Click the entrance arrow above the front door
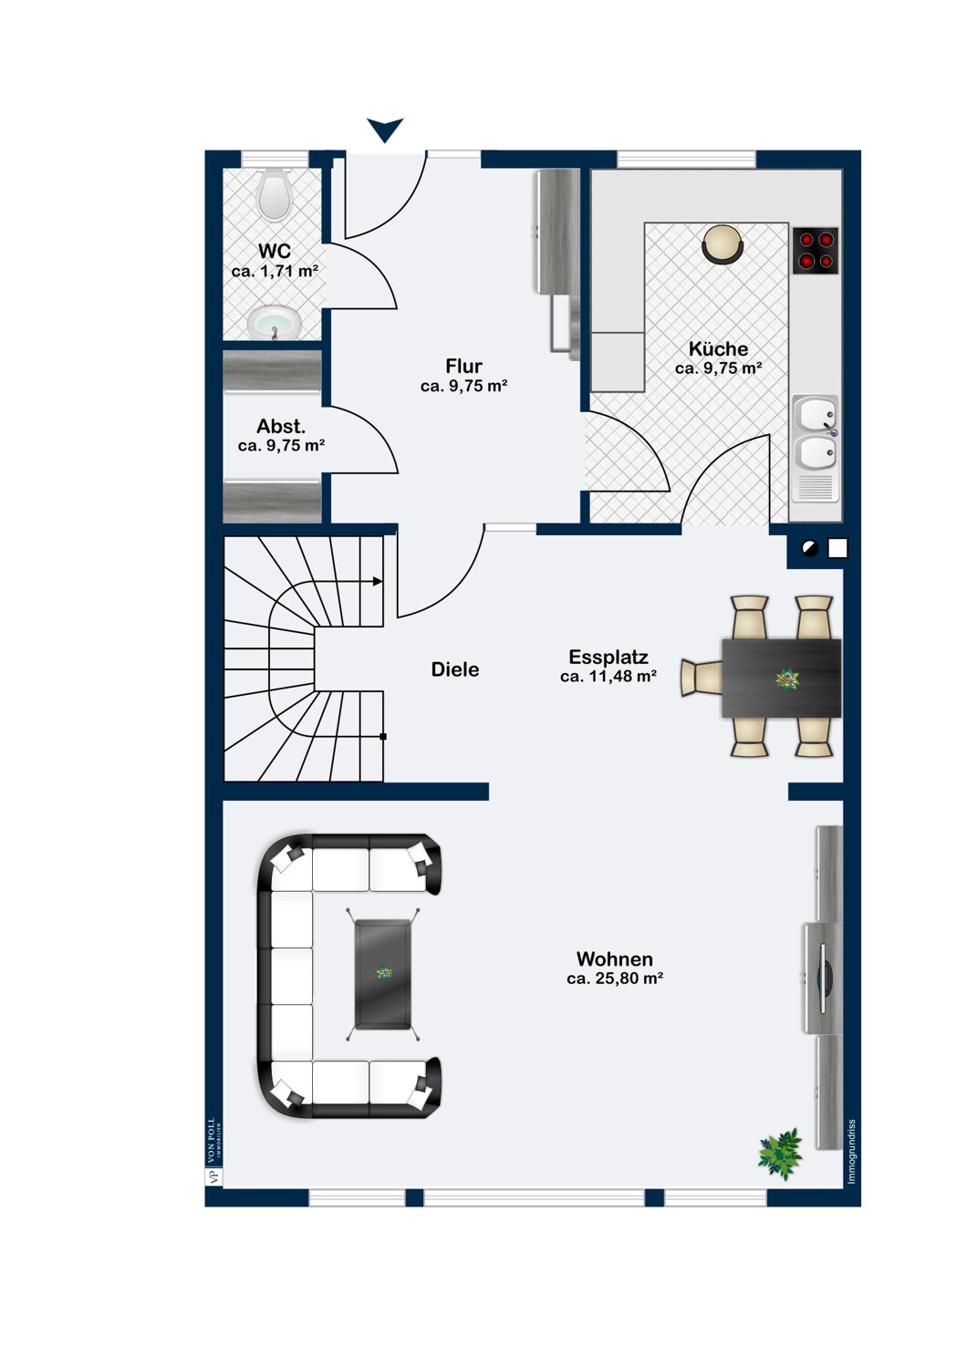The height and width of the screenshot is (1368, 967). click(x=385, y=130)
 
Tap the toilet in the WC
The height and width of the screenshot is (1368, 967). click(x=275, y=193)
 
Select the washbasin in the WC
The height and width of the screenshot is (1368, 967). click(x=275, y=323)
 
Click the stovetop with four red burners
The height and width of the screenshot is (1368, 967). click(x=816, y=251)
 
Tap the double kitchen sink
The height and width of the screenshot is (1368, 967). click(x=816, y=449)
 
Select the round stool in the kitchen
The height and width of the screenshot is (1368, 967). click(x=723, y=244)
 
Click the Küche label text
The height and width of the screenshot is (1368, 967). click(x=718, y=348)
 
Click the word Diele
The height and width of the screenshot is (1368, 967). click(x=455, y=669)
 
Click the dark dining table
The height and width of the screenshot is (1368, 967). click(x=781, y=678)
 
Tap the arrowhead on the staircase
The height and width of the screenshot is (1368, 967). click(x=378, y=582)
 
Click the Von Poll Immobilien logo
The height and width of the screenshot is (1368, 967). click(x=213, y=1151)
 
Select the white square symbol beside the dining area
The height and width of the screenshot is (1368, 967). click(x=837, y=548)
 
